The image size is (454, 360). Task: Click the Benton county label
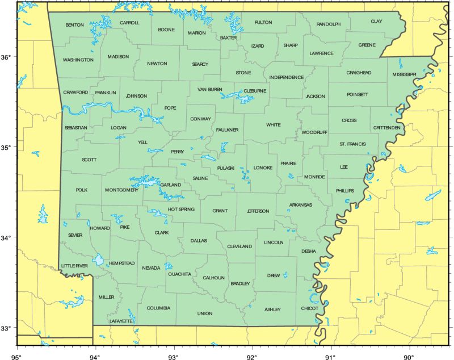[74, 25]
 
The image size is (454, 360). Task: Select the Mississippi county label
[404, 74]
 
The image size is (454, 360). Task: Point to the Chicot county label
[310, 308]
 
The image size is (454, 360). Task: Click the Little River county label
[74, 266]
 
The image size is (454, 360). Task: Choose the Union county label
[205, 313]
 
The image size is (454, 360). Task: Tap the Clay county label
[376, 21]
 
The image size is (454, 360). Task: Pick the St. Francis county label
[352, 144]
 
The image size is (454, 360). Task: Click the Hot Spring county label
[181, 210]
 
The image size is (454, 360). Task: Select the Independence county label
[287, 77]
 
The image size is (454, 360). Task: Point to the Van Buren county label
[210, 90]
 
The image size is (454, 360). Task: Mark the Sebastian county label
[75, 128]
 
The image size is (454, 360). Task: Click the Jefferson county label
[258, 211]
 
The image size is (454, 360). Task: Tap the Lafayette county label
[121, 321]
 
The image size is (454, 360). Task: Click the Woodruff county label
[314, 132]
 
